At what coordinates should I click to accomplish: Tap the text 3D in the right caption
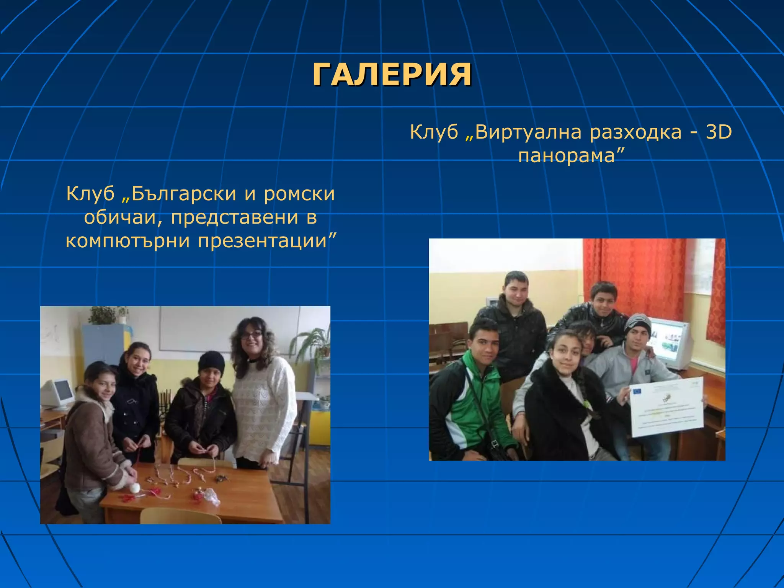(719, 132)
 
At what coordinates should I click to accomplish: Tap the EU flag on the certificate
(638, 391)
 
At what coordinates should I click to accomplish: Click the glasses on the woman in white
(251, 335)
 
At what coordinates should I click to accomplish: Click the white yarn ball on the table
(135, 488)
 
